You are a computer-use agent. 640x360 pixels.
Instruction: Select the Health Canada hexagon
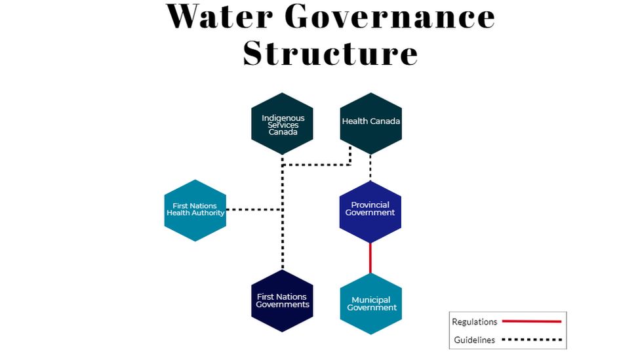tap(370, 123)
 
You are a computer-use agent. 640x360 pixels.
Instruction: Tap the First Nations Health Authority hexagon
tap(195, 210)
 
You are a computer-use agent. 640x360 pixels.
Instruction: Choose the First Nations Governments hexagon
tap(282, 301)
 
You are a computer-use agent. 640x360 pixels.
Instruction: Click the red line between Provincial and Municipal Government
tap(370, 258)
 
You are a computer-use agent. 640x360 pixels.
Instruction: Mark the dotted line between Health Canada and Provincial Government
tap(370, 166)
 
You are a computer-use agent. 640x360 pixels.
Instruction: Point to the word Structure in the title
tap(330, 52)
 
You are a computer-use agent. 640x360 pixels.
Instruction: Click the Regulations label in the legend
tap(475, 322)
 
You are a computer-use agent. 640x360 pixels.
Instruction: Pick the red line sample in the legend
tap(531, 322)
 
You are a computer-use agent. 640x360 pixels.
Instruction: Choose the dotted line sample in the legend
tap(532, 340)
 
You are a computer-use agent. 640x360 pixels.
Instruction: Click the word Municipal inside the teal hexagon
tap(370, 300)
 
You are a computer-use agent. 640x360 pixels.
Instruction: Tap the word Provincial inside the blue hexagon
tap(370, 205)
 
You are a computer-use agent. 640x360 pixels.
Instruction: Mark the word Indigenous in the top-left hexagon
tap(283, 118)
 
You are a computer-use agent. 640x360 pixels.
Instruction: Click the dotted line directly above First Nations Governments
tap(283, 249)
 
